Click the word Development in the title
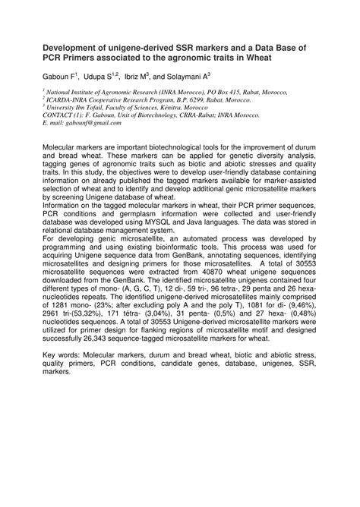[x=74, y=47]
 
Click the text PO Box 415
[x=208, y=90]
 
